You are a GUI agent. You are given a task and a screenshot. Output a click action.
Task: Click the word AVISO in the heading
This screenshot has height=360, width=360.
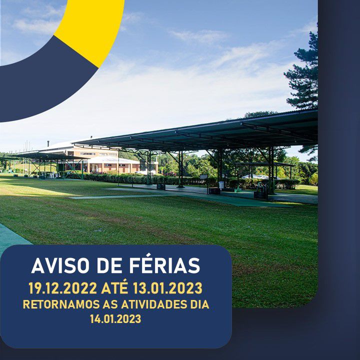60,265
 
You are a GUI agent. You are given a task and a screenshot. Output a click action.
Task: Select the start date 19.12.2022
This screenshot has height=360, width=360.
62,288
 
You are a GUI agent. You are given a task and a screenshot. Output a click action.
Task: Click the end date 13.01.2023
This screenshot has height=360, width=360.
167,288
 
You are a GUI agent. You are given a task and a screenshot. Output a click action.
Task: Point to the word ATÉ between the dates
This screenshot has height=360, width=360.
114,287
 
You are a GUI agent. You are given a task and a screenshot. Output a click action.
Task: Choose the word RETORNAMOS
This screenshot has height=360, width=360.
61,304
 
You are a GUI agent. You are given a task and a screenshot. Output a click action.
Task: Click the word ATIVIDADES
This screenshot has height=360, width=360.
154,304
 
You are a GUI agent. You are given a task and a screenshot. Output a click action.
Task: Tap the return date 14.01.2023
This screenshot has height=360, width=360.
115,319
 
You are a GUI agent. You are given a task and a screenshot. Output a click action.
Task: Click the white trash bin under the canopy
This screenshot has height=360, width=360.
221,185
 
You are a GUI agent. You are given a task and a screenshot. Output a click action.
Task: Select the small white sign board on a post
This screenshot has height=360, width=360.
203,177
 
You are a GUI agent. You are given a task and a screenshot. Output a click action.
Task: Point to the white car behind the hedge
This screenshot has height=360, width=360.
261,177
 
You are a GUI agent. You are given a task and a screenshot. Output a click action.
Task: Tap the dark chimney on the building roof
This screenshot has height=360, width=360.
48,143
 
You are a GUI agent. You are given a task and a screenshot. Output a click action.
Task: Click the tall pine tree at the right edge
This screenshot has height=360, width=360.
303,76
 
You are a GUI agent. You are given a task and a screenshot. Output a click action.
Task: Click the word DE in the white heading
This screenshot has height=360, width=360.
109,265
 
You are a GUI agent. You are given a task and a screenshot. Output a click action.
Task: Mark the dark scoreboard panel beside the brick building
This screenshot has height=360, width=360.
143,165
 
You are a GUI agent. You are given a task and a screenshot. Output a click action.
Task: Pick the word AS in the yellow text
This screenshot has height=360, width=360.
110,304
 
